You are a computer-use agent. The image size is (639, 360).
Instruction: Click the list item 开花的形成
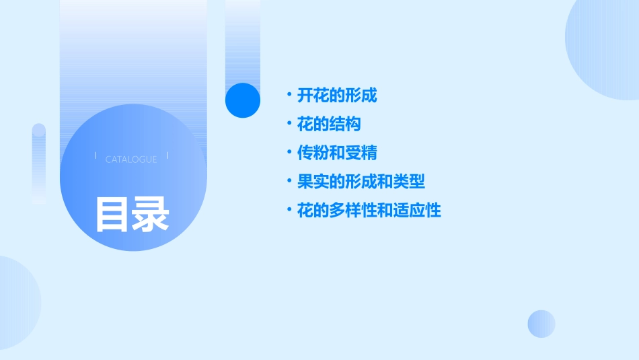[337, 96]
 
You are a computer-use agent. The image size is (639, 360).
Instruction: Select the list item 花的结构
[329, 124]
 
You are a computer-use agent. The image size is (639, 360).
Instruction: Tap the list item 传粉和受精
[337, 153]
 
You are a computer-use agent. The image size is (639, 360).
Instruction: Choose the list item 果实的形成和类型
[361, 182]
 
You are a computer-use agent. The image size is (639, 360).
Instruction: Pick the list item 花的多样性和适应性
[369, 211]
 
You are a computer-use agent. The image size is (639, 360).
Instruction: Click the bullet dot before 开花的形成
[289, 95]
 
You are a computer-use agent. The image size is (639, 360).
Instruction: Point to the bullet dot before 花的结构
[289, 124]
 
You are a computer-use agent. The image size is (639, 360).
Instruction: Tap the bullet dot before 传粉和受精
[289, 153]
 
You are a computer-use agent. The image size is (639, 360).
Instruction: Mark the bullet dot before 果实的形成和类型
[289, 182]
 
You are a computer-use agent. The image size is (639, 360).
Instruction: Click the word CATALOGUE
[131, 159]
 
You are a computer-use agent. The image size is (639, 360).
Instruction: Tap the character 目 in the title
[112, 215]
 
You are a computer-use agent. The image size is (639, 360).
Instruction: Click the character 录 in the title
[151, 215]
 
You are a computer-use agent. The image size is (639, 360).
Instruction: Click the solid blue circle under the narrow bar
[243, 100]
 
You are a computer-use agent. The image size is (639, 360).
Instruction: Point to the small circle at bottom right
[541, 324]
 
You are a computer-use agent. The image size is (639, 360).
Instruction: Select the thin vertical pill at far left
[39, 164]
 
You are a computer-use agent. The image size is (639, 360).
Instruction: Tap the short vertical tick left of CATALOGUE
[96, 155]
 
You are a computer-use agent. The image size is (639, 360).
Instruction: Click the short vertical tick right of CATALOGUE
[167, 155]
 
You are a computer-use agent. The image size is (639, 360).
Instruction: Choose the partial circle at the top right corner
[605, 47]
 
